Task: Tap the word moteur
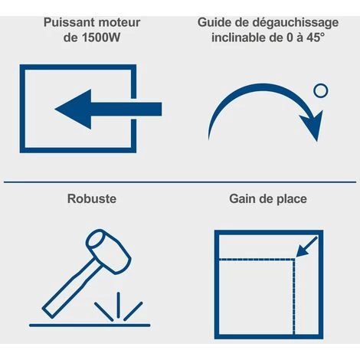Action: [x=119, y=22]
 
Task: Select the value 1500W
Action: [x=101, y=38]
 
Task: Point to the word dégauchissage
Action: [x=296, y=23]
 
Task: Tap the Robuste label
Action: [x=92, y=198]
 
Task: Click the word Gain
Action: [x=242, y=198]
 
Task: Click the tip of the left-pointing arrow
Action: [x=55, y=110]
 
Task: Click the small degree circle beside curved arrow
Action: [x=321, y=90]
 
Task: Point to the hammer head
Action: [x=108, y=251]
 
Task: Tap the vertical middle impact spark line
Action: [x=118, y=305]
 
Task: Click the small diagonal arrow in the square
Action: [x=306, y=247]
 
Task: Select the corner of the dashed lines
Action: [x=294, y=260]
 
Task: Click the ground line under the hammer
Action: [x=90, y=326]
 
